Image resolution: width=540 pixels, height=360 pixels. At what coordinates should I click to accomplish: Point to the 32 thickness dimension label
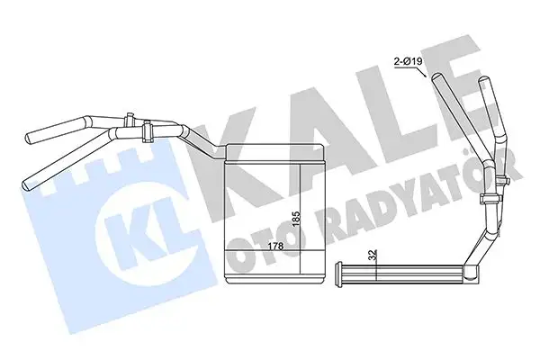click(373, 256)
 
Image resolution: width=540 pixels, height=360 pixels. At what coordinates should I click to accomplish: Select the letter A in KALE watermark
click(311, 117)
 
